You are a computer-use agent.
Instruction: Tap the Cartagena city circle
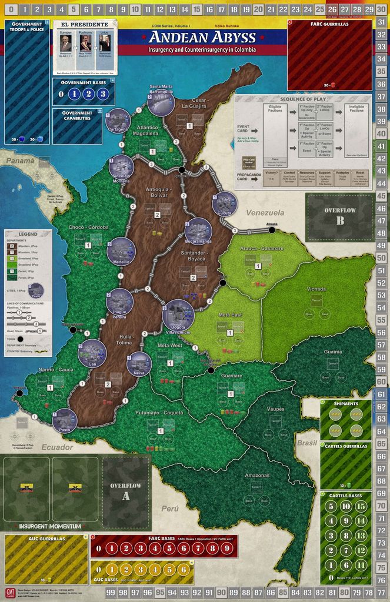pos(118,121)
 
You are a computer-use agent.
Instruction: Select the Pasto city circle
pos(65,420)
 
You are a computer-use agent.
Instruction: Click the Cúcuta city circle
pos(225,204)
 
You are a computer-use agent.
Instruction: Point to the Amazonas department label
pos(257,475)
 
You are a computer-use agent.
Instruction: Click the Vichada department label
pos(316,289)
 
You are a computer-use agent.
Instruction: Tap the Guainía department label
pos(332,352)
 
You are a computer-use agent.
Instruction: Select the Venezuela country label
pos(265,212)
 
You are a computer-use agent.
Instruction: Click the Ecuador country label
pos(58,447)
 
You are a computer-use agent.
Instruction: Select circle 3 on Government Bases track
pos(102,93)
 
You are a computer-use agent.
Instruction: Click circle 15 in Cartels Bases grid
pos(361,506)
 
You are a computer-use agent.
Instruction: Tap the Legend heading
pos(28,234)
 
